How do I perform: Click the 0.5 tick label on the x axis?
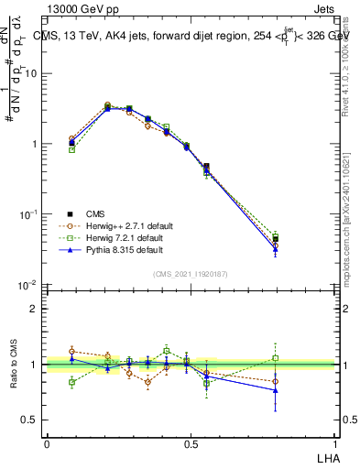[191, 443]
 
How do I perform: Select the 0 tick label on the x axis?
[47, 443]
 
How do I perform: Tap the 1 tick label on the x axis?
[333, 443]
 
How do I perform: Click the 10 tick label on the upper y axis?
[30, 73]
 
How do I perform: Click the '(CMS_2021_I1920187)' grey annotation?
[190, 273]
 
